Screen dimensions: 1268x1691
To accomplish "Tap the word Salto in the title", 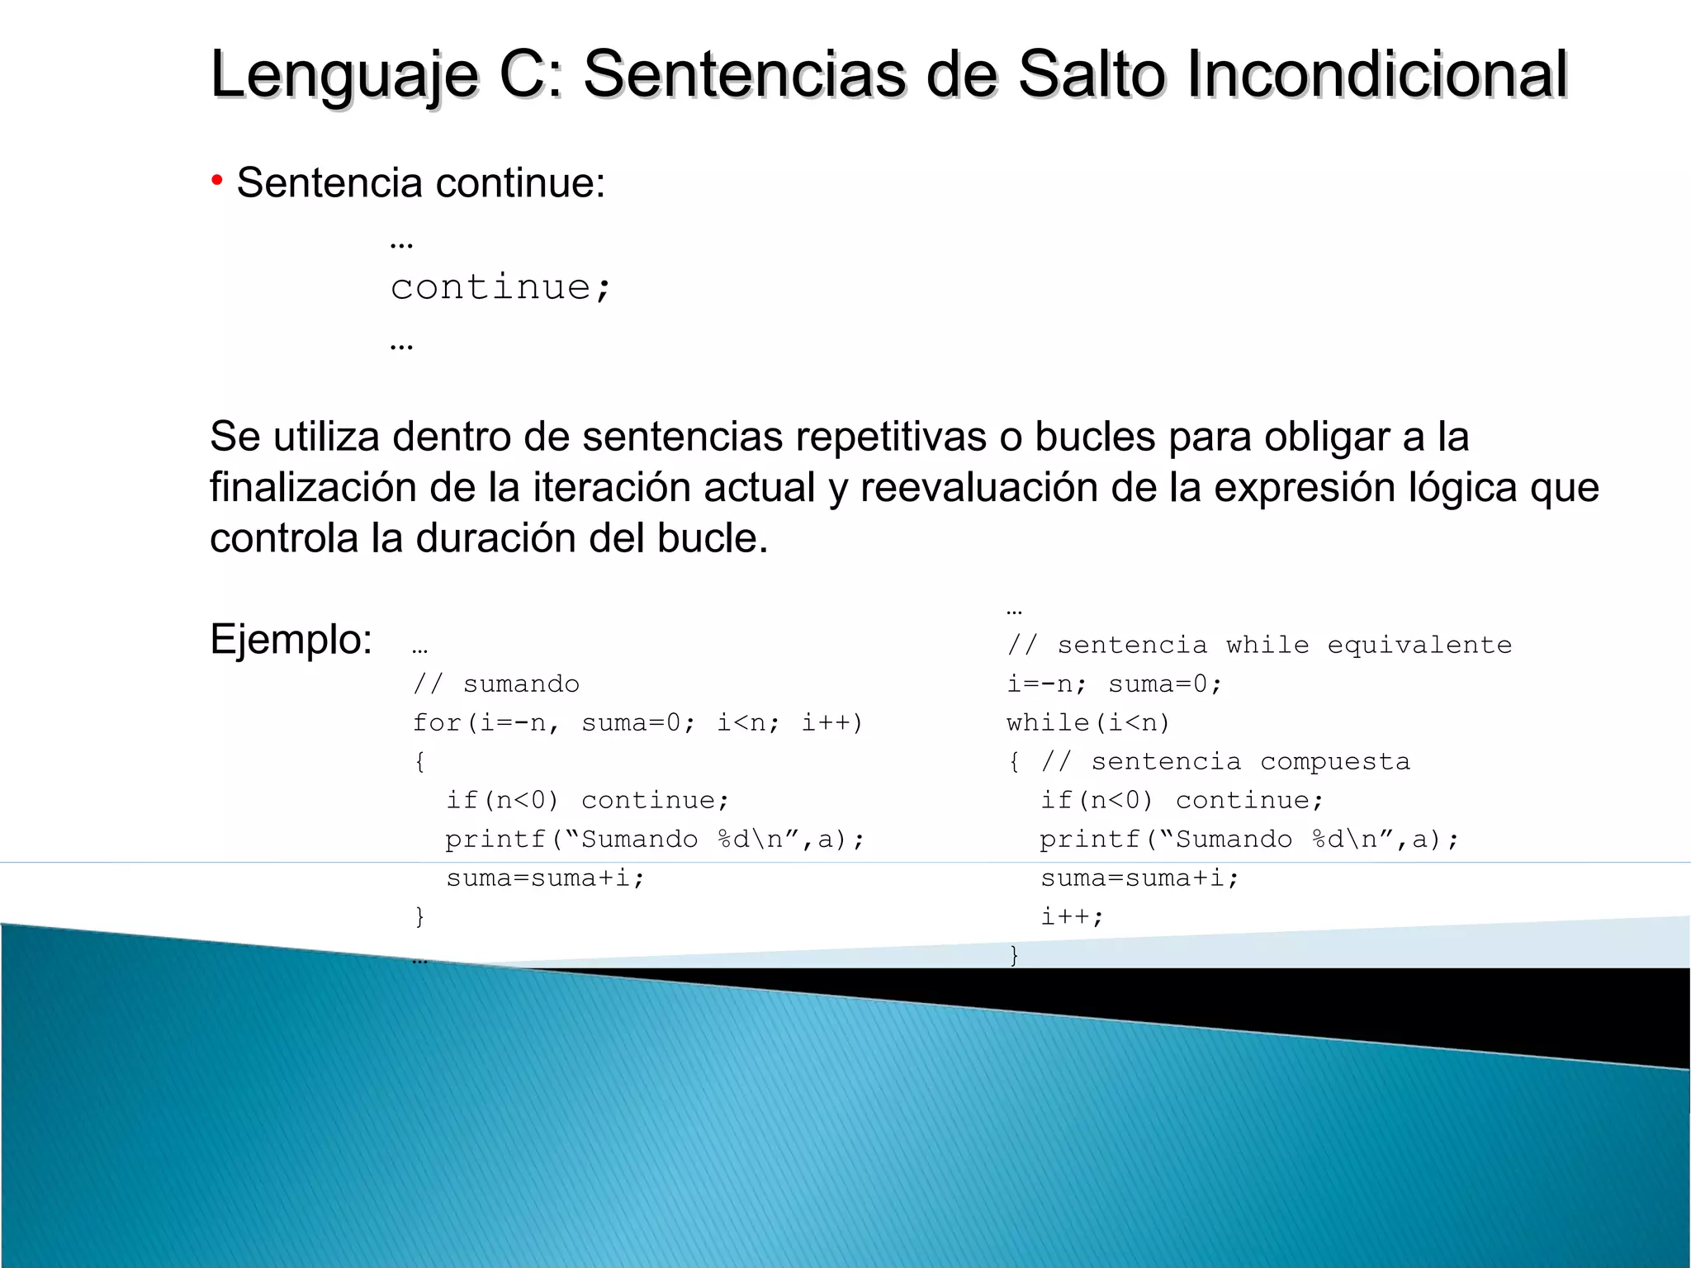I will (1092, 74).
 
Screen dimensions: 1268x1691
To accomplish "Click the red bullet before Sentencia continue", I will (217, 179).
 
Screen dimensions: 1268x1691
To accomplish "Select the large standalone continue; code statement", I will (500, 287).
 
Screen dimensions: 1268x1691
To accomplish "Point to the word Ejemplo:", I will (291, 639).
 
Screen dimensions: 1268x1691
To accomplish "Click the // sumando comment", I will (496, 684).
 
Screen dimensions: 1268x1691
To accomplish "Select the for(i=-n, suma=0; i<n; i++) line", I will (637, 722).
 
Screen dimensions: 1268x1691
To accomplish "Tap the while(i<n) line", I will (1088, 722).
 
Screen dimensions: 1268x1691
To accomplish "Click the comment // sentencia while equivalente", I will (1259, 645).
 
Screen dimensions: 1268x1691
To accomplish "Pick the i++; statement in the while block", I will (1072, 916).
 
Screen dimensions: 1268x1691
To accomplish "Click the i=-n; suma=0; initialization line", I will (1114, 684).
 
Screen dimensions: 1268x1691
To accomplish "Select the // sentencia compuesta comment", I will (1225, 761).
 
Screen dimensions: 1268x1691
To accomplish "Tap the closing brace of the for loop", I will (419, 916).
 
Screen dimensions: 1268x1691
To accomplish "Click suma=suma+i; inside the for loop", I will (545, 878).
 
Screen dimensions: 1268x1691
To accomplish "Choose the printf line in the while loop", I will (1249, 839).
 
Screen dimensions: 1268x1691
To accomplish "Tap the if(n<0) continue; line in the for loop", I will (588, 800).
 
